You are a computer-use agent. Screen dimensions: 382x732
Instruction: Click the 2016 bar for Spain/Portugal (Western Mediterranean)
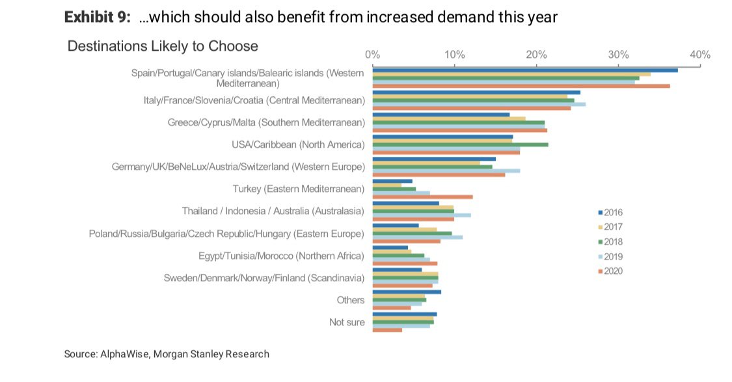[524, 70]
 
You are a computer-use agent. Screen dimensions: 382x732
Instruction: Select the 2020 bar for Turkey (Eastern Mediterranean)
[422, 197]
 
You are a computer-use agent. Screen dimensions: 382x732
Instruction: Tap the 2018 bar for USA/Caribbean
[460, 144]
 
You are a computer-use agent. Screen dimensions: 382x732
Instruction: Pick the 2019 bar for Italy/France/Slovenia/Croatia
[478, 104]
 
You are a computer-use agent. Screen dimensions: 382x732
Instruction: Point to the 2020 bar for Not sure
[387, 330]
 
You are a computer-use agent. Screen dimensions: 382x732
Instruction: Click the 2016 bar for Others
[407, 292]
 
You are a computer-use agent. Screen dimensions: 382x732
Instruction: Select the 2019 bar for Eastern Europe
[417, 237]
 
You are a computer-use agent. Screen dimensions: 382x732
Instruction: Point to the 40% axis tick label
[699, 55]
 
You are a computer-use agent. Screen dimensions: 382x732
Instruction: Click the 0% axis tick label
[372, 55]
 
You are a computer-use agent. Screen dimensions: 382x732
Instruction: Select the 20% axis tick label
[535, 55]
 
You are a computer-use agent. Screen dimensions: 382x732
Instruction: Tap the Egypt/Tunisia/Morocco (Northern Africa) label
[281, 256]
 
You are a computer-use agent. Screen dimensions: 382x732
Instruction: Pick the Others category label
[351, 300]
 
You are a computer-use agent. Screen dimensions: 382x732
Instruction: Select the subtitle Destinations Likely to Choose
[163, 46]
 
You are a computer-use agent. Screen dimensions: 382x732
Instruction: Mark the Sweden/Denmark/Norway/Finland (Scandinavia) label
[264, 278]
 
